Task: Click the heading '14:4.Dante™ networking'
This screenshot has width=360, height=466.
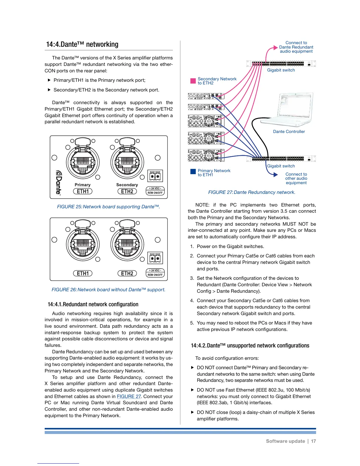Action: (82, 44)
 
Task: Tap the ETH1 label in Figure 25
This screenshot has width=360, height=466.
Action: (83, 191)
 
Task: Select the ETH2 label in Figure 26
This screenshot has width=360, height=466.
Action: (127, 273)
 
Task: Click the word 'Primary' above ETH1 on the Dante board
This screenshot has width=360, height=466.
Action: (82, 185)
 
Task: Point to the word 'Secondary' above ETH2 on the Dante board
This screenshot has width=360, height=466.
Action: (127, 185)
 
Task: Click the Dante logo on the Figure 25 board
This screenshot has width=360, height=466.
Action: (59, 183)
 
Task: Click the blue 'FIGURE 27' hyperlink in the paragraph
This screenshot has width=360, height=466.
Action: (129, 396)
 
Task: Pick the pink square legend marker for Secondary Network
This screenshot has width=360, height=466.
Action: (193, 81)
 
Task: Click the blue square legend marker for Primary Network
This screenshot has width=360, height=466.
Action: (193, 172)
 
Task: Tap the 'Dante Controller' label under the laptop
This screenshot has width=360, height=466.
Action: (289, 132)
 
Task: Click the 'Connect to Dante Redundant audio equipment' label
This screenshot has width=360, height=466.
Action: (296, 47)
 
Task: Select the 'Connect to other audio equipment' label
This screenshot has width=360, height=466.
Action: (296, 178)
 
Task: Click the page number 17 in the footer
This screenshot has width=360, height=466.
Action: (314, 441)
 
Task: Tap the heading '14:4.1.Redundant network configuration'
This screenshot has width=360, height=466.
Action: (93, 304)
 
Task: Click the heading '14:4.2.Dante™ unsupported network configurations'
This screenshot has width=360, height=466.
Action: (250, 345)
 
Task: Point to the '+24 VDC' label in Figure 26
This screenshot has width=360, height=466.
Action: (155, 270)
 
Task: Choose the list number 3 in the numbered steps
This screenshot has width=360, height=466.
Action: (192, 278)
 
